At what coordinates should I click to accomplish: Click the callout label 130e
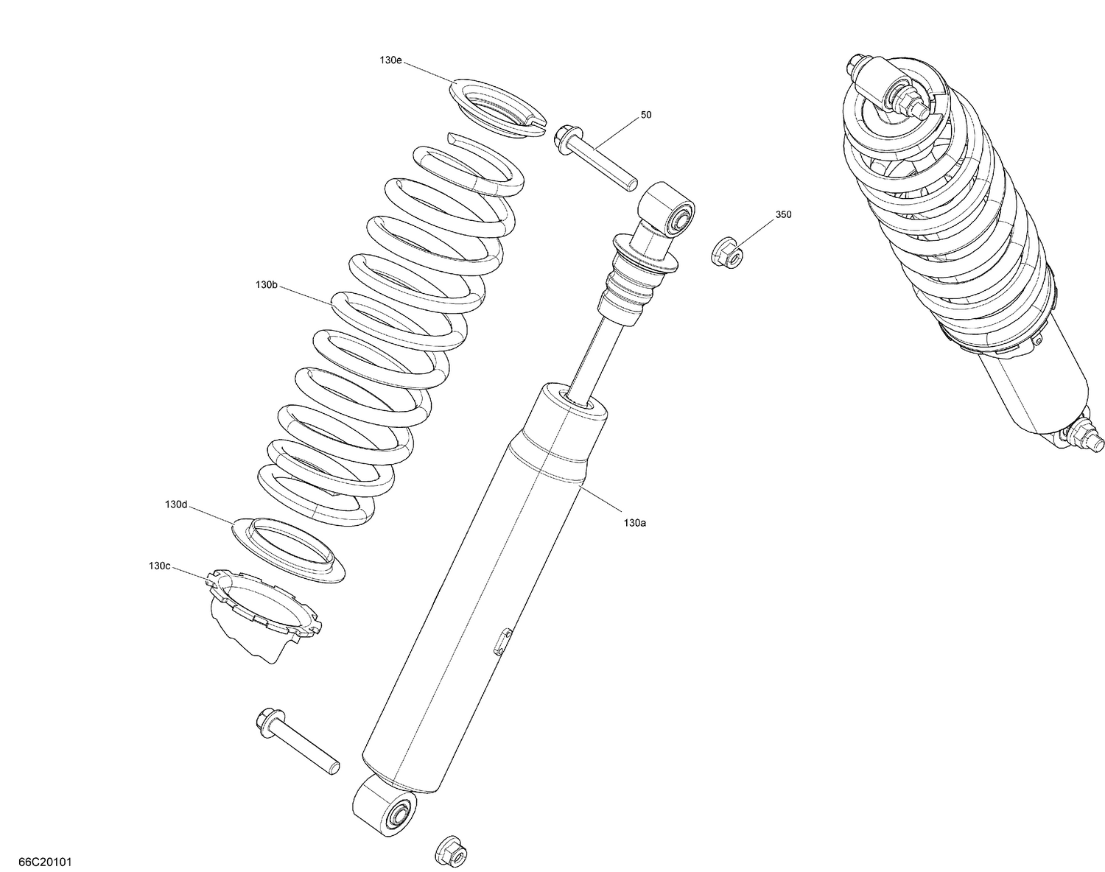[x=391, y=61]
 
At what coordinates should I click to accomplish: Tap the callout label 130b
[x=266, y=284]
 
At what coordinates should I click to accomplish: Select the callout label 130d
[x=176, y=504]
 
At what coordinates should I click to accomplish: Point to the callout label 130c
[x=159, y=566]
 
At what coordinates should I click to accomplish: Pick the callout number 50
[x=646, y=115]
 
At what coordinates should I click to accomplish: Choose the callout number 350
[x=783, y=215]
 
